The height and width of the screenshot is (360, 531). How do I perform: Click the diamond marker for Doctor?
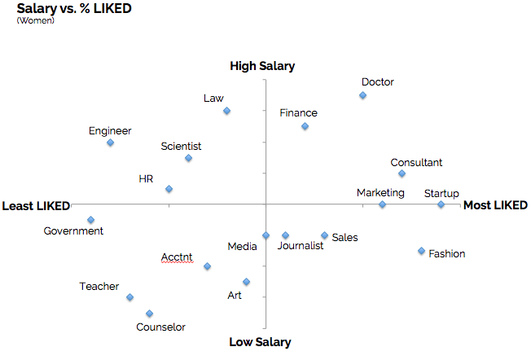click(362, 95)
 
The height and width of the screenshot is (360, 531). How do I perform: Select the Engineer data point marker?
click(110, 143)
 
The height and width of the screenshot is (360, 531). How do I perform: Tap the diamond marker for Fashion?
click(421, 251)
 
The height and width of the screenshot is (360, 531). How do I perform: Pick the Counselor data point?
click(149, 313)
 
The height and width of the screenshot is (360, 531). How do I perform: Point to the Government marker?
click(90, 219)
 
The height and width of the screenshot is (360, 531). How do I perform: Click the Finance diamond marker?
click(305, 126)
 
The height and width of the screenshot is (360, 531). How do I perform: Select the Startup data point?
click(441, 204)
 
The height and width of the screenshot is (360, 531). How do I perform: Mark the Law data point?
click(226, 111)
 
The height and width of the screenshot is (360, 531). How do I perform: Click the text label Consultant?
click(416, 163)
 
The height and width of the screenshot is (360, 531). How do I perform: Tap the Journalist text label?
click(301, 246)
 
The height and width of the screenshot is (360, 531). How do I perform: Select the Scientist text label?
click(181, 147)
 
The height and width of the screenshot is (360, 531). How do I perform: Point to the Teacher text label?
click(99, 287)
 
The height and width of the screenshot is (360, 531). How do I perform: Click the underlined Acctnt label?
click(177, 257)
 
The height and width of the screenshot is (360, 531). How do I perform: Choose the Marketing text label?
click(380, 193)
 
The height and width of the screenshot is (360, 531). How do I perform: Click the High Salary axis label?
click(262, 66)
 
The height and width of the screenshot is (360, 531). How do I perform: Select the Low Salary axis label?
click(260, 342)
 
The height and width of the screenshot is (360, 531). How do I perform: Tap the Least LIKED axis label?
click(36, 205)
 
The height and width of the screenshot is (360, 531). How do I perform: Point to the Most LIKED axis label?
click(495, 205)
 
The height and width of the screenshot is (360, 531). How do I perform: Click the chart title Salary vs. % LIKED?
click(74, 8)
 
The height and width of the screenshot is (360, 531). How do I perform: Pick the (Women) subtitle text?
click(36, 20)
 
